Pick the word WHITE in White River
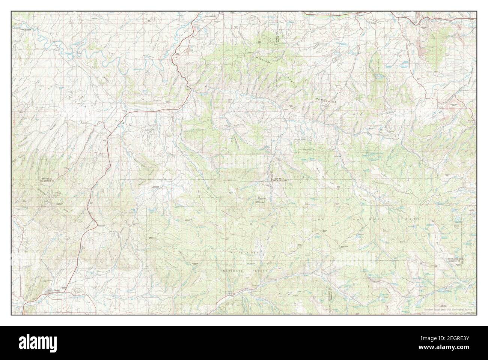point(239,253)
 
